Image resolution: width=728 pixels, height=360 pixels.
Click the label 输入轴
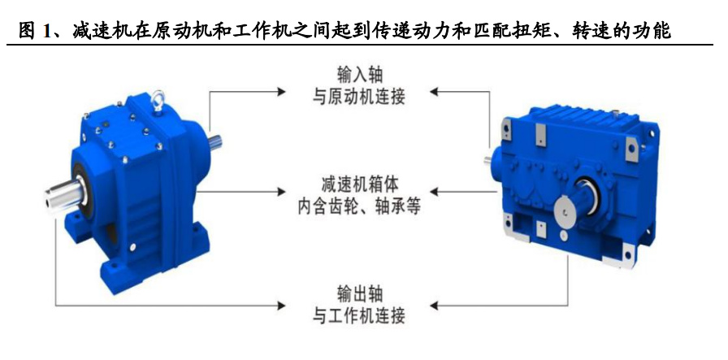click(x=359, y=76)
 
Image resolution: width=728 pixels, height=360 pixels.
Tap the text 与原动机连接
click(x=359, y=98)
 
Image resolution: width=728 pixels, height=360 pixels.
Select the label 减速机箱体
click(x=359, y=183)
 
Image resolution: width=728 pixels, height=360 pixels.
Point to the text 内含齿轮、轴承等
click(x=359, y=206)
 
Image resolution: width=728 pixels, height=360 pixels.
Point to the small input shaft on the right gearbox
click(x=490, y=160)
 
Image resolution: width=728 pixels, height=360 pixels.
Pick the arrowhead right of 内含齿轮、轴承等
click(x=435, y=193)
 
